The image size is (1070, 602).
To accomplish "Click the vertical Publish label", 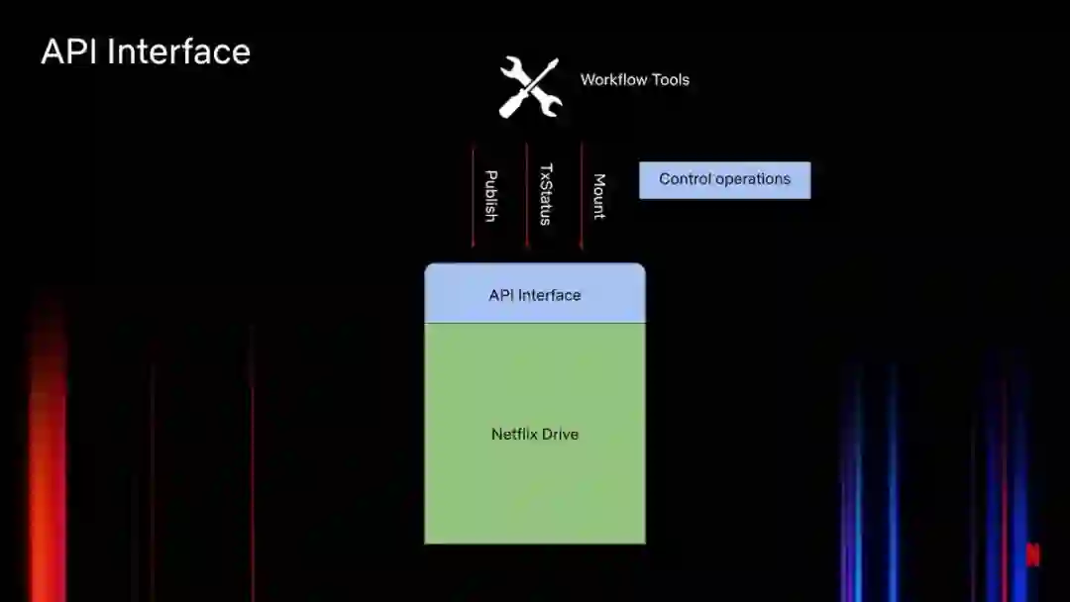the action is [x=489, y=195].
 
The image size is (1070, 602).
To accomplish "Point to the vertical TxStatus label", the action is [x=544, y=194].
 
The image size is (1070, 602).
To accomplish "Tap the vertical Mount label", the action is [x=598, y=195].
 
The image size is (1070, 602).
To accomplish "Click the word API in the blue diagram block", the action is [x=500, y=295].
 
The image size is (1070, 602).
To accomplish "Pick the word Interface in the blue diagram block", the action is [x=548, y=295].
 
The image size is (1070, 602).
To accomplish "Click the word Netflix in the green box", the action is [x=514, y=434].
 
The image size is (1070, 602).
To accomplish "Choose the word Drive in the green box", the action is [x=561, y=434].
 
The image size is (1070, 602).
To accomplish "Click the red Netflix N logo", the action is [x=1032, y=554].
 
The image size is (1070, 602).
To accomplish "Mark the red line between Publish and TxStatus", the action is [x=526, y=195].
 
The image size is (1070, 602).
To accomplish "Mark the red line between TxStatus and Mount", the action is [x=581, y=195].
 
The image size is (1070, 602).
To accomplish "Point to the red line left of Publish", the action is [x=473, y=195].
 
